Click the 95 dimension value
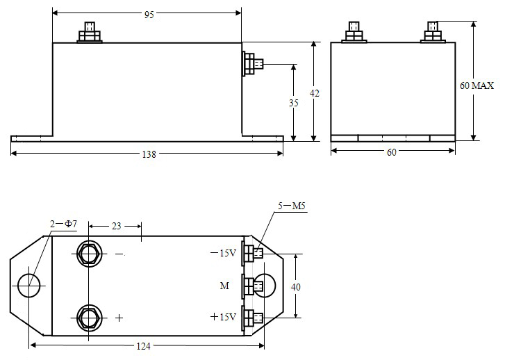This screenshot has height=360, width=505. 149,15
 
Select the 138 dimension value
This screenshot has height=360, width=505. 149,154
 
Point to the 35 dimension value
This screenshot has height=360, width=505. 293,103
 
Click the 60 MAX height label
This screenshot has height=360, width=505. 477,86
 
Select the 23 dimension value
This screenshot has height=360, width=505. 116,225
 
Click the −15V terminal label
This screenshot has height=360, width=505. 223,254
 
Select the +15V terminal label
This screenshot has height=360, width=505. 223,317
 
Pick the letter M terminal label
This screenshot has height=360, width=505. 224,286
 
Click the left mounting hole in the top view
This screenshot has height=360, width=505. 29,286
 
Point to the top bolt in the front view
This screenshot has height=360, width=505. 90,33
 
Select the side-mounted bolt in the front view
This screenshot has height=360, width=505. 251,65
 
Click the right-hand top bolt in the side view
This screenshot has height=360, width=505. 433,33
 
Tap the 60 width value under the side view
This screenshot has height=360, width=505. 391,152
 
